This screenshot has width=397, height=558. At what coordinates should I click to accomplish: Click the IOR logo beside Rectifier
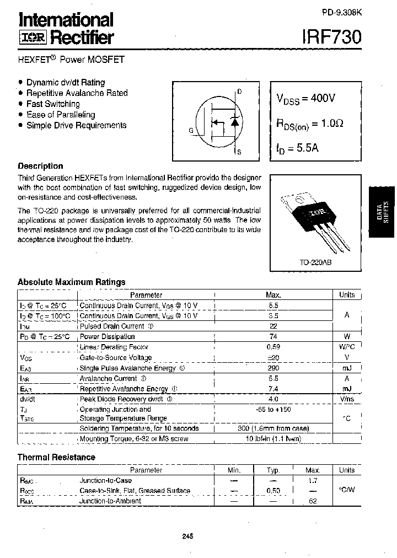click(33, 37)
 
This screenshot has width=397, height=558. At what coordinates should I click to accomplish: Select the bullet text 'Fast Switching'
click(53, 104)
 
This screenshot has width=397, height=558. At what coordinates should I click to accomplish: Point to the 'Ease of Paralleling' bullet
click(61, 115)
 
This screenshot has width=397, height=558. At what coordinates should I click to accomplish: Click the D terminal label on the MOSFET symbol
click(239, 92)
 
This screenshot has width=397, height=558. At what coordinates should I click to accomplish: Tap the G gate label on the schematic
click(191, 131)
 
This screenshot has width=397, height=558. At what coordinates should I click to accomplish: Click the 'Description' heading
click(40, 166)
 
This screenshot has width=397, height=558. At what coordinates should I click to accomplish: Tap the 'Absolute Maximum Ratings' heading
click(72, 282)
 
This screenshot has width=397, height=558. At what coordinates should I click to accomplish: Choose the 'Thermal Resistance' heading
click(56, 457)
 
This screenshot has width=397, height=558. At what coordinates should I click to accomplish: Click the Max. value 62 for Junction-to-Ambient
click(312, 501)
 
